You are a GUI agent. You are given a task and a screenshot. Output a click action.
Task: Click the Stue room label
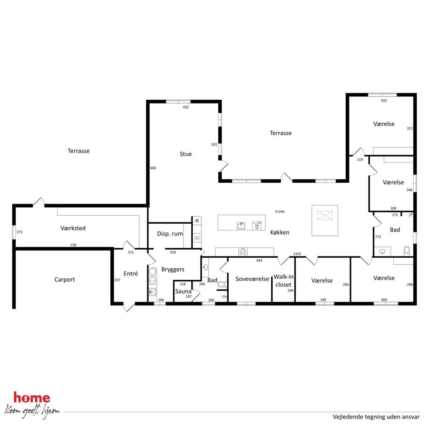186,154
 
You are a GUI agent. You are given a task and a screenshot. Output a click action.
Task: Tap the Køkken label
279,232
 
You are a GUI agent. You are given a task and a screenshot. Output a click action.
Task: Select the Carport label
65,279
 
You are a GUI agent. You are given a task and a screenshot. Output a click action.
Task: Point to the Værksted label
73,228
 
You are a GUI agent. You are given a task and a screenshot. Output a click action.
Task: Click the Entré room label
131,274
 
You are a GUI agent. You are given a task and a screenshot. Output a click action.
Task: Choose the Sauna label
183,292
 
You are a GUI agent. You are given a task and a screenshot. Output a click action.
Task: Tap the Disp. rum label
170,234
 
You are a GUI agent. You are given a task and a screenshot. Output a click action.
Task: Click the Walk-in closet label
284,281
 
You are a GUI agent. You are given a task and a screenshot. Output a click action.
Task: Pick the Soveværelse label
252,279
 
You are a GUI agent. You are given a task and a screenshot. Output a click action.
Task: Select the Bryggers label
173,269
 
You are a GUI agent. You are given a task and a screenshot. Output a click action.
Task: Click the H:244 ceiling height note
279,212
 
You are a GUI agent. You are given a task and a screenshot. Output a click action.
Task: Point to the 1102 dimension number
297,254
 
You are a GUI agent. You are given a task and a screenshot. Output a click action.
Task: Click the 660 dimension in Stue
153,168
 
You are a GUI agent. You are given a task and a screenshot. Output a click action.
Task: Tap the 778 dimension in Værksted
73,245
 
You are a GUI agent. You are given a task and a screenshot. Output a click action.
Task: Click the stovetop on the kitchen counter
243,252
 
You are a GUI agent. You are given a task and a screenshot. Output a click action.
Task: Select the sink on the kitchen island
241,226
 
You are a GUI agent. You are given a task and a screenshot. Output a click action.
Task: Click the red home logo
32,398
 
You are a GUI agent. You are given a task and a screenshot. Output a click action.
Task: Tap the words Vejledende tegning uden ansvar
376,417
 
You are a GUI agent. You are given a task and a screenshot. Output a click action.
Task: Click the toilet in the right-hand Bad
407,251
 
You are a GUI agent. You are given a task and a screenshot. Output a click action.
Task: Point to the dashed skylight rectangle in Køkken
325,215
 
